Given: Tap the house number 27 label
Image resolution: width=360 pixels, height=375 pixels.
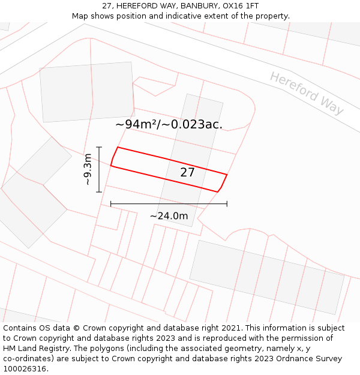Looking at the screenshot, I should click(188, 172).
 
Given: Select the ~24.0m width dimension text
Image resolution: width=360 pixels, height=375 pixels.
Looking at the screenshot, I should click(169, 216).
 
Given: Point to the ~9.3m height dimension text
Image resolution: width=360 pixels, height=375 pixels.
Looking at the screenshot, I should click(88, 170).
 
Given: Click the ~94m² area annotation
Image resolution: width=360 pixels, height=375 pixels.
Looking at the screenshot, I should click(169, 125).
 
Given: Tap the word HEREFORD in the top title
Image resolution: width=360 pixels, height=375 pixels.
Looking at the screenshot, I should click(136, 6).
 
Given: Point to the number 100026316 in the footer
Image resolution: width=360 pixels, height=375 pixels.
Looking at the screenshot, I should click(25, 369).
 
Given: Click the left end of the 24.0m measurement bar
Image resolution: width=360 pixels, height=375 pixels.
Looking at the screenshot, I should click(111, 204).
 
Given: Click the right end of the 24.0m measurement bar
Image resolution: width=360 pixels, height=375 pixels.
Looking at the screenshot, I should click(227, 204).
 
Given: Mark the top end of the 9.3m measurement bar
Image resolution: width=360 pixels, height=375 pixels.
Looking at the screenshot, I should click(99, 147).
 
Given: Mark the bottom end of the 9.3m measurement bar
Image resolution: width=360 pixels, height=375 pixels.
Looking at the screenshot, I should click(99, 192).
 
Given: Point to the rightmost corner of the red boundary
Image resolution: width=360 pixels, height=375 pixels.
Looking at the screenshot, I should click(227, 174).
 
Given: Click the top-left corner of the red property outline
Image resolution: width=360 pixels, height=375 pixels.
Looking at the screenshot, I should click(117, 147).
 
